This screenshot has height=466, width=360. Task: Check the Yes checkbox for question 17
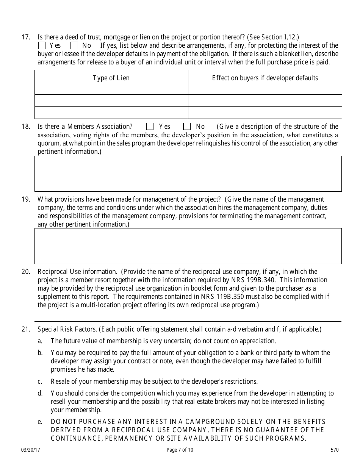point(42,45)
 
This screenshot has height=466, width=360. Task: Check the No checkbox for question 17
point(74,45)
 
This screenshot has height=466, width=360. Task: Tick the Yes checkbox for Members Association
point(150,127)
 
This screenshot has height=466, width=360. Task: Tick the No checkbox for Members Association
point(187,127)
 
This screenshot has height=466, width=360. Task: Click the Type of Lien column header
point(111,78)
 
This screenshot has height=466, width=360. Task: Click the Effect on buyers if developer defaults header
point(265,78)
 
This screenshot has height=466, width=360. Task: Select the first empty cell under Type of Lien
point(111,88)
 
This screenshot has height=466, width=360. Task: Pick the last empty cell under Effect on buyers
point(265,113)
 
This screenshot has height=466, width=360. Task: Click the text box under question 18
point(188,174)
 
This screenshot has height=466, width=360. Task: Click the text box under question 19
point(188,246)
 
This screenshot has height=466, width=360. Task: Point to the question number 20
point(25,272)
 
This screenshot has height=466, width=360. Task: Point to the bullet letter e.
point(39,422)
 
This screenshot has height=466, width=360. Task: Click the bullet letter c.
point(39,382)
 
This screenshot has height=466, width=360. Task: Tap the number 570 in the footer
point(335,450)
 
